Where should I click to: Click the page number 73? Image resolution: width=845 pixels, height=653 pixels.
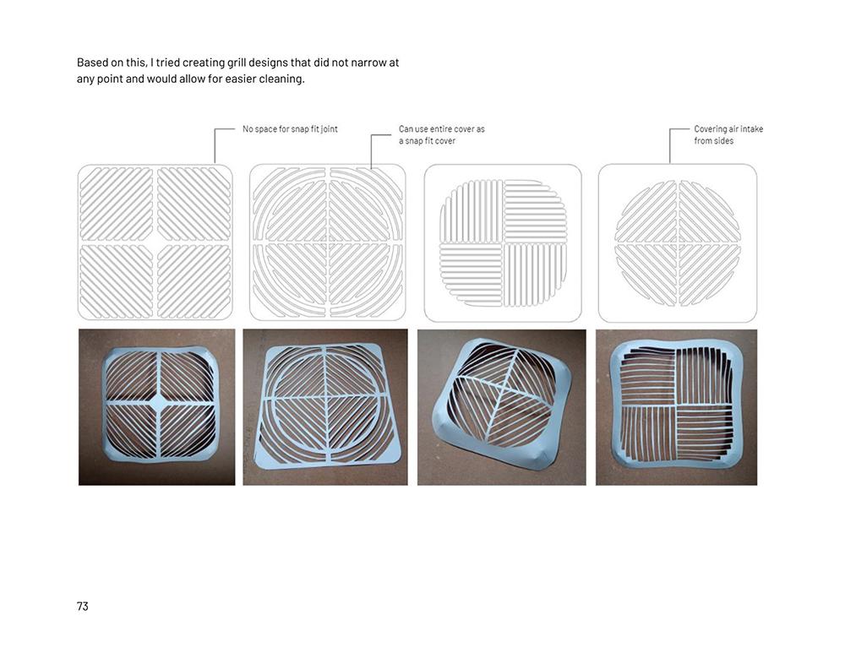(x=83, y=607)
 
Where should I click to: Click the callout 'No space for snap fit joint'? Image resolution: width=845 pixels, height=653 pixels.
(x=290, y=129)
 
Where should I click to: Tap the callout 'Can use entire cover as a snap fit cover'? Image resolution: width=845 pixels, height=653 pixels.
(x=441, y=134)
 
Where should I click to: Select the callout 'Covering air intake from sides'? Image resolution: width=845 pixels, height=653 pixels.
(x=728, y=134)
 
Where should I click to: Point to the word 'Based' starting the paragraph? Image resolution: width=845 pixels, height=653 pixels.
(x=92, y=63)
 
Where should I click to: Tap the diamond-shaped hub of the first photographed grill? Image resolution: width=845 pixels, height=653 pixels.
(x=158, y=402)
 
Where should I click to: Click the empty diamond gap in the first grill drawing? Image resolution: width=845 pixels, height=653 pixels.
(x=155, y=242)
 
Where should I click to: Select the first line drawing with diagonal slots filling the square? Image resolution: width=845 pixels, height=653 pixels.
(x=155, y=242)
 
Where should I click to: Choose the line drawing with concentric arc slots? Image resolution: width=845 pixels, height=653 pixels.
(x=328, y=242)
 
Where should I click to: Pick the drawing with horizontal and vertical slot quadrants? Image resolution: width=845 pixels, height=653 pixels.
(x=503, y=243)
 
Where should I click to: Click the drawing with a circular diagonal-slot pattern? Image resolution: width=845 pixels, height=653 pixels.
(x=678, y=243)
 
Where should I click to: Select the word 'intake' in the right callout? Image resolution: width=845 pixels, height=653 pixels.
(x=751, y=129)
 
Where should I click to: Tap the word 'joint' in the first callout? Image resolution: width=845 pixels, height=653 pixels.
(x=330, y=129)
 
